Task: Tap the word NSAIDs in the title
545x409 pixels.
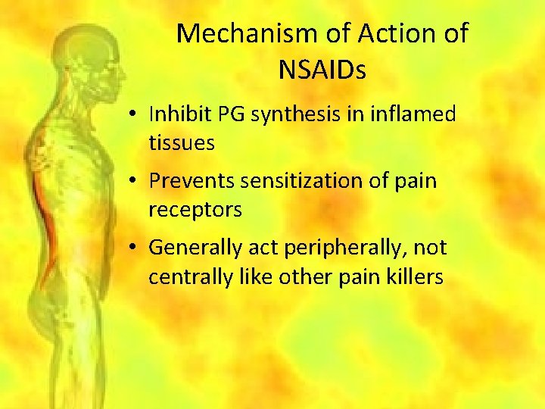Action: [322, 70]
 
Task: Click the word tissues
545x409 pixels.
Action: [182, 142]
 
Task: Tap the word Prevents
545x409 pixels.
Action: [192, 182]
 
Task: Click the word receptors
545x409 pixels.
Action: [195, 210]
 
